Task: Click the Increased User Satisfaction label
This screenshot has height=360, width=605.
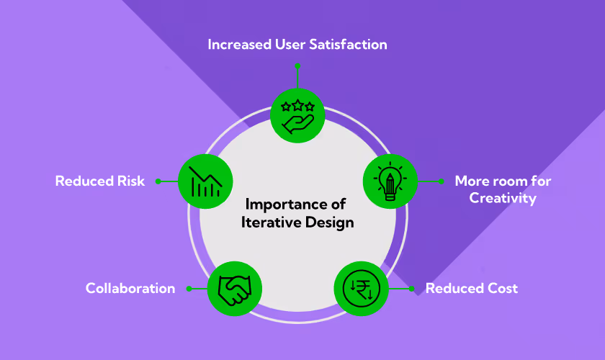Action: tap(297, 45)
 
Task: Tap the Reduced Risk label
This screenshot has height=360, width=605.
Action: tap(100, 181)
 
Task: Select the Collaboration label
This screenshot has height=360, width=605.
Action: tap(130, 289)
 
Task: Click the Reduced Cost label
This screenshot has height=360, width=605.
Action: tap(472, 289)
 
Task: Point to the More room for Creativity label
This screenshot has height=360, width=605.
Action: tap(503, 189)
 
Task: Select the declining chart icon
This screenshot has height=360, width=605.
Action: tap(205, 181)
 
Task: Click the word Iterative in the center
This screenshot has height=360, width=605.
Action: tap(269, 222)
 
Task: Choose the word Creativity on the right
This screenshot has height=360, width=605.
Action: tap(503, 198)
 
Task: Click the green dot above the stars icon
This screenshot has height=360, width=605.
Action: tap(297, 65)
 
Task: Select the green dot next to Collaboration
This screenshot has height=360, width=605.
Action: tap(189, 289)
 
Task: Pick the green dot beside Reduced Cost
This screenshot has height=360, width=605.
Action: tap(412, 289)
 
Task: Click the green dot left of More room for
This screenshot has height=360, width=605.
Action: tap(441, 181)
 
